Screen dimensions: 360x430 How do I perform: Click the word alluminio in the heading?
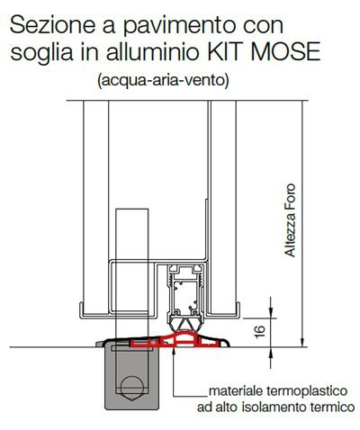pos(153,51)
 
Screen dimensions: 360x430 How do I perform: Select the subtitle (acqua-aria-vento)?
pos(163,81)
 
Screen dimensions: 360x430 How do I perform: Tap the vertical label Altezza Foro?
pos(291,220)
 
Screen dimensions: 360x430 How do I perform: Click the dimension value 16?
pos(260,331)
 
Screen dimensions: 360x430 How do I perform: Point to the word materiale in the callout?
pos(235,390)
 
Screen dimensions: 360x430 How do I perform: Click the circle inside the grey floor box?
pos(130,385)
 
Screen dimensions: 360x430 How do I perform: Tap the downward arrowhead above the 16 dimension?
pos(271,313)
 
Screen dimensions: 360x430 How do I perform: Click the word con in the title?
pos(263,26)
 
